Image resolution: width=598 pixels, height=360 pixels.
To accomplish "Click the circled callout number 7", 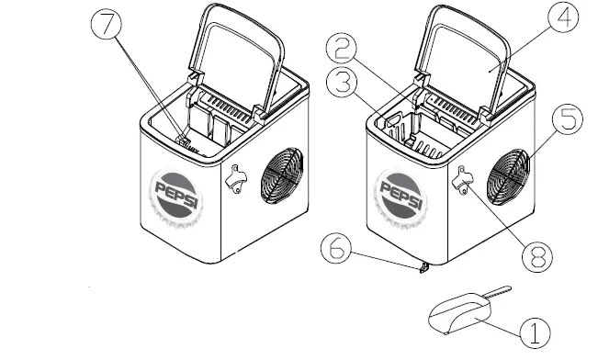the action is (107, 24).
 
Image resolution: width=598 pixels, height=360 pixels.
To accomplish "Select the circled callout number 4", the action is (563, 17).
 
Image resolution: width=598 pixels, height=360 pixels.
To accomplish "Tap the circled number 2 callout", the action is (342, 49).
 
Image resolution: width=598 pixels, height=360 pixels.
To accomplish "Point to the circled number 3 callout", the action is (342, 82).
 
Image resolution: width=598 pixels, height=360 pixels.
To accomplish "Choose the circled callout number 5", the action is (568, 119).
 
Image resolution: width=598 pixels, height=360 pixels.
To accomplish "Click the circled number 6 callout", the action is (336, 248).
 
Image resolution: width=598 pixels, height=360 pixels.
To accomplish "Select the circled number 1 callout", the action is (535, 332).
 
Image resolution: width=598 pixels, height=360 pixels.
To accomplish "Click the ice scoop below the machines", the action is (461, 313).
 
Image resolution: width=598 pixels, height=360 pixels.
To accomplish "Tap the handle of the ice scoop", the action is (497, 291).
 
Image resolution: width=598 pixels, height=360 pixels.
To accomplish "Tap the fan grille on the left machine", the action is (282, 175).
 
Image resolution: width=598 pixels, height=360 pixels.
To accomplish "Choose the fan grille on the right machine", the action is (508, 176).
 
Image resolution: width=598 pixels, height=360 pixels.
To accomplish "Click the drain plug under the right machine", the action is (424, 268).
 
